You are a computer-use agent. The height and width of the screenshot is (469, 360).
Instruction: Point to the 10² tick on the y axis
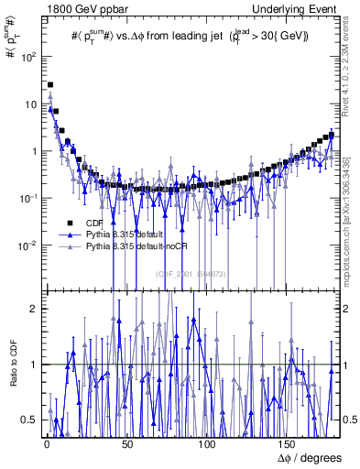[x=29, y=57]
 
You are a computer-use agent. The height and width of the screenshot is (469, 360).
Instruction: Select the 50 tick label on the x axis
[x=125, y=442]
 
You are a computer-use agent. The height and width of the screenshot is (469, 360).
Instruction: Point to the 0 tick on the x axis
[x=45, y=442]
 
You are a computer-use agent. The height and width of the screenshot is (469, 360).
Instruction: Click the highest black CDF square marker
[x=49, y=84]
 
